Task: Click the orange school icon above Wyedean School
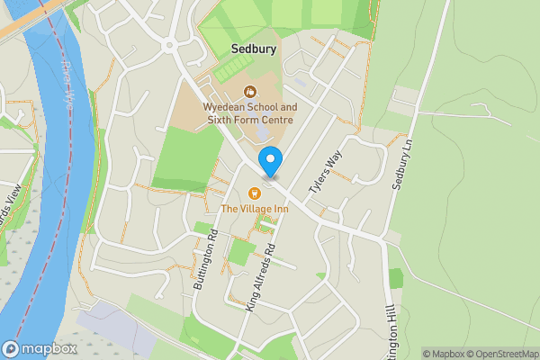coord(249,91)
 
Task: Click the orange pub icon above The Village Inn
coord(254,193)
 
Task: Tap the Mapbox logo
coord(40,349)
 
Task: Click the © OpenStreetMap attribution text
coord(499,354)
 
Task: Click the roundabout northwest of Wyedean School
coord(168,44)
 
